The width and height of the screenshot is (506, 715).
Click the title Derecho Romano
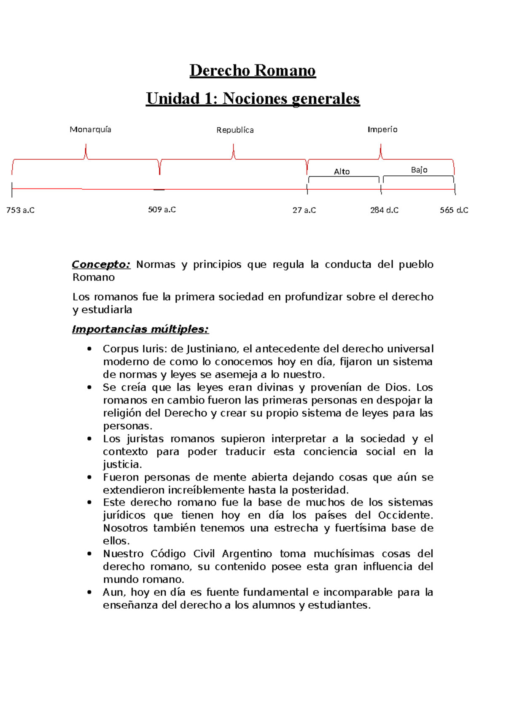253,70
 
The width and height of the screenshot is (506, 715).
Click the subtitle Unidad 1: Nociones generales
253,99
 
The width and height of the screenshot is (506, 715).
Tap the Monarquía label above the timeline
90,129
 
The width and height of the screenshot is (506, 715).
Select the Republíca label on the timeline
235,130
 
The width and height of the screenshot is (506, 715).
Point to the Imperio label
382,129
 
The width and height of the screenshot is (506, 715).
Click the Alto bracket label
342,172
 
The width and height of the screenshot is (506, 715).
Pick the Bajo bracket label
419,170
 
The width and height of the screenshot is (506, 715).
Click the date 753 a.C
20,210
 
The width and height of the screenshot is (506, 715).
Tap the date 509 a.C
162,210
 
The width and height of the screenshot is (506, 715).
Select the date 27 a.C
304,210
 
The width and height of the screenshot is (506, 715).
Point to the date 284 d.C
384,210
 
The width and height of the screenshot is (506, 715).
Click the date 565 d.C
454,210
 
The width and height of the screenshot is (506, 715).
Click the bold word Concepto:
101,264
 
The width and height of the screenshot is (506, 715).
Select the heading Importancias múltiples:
140,329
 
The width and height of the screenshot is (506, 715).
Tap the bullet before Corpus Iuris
89,349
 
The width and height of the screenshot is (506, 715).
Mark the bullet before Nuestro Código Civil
89,554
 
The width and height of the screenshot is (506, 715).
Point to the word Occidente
405,515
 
